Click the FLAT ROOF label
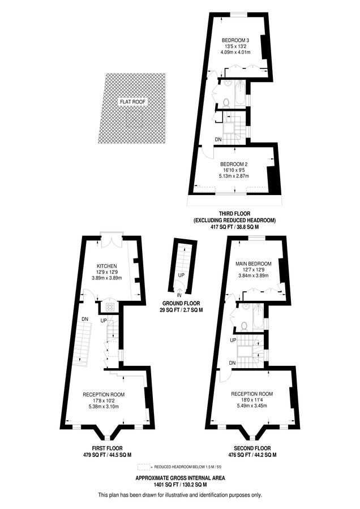tap(133, 102)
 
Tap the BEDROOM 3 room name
tap(235, 41)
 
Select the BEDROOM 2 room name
tap(234, 164)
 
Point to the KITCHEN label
tap(106, 266)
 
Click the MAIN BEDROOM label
tap(254, 264)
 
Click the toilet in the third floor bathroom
tap(226, 102)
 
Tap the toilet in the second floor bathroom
tap(245, 326)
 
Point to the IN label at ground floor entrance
tap(179, 295)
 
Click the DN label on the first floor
tap(85, 319)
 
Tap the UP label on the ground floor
tap(181, 275)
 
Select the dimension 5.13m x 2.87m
tap(234, 176)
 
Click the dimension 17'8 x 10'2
tap(104, 400)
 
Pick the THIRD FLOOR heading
tap(234, 214)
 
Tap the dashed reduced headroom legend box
tap(144, 467)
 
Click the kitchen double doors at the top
tap(112, 243)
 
